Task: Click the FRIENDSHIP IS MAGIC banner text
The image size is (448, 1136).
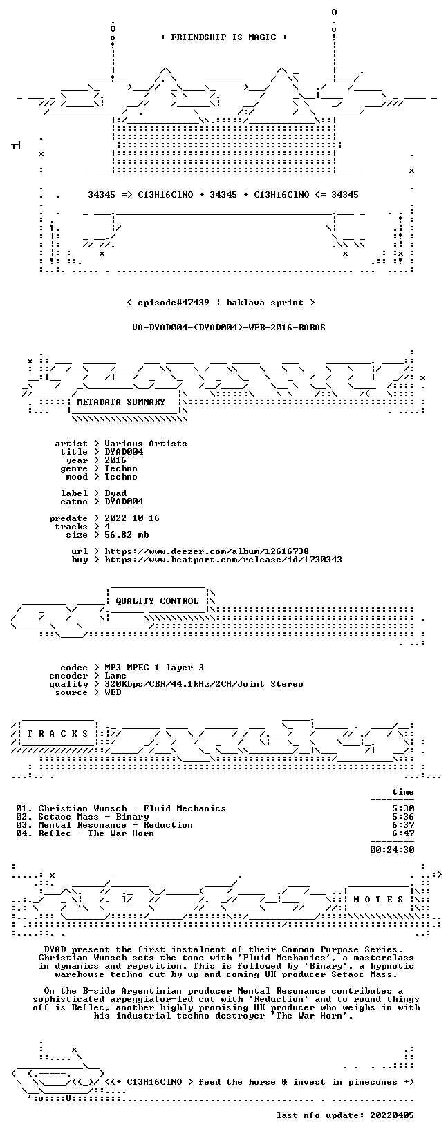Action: tap(224, 37)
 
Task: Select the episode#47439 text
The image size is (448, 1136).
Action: tap(174, 303)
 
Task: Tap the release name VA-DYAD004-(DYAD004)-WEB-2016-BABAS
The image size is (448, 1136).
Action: tap(229, 328)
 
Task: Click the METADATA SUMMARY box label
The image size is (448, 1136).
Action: tap(121, 402)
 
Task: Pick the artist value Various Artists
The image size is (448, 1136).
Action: tap(146, 444)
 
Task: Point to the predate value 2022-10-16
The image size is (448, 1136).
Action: tap(132, 518)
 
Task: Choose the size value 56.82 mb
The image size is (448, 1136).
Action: tap(127, 535)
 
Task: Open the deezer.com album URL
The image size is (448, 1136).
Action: tap(207, 551)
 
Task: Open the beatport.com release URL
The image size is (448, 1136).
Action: tap(223, 560)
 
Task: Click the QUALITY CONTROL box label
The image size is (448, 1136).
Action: tap(157, 601)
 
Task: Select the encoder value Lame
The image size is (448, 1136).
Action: tap(115, 676)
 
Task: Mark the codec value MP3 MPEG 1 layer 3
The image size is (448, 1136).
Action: tap(154, 668)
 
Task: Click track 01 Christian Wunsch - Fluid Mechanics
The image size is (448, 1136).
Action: tap(121, 808)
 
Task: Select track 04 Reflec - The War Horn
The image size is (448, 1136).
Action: tap(85, 833)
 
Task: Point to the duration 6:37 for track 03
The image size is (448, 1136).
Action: tap(403, 825)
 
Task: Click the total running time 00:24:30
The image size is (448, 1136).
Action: tap(392, 849)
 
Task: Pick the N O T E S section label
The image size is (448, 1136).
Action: tap(378, 900)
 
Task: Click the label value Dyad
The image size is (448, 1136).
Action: tap(115, 493)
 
